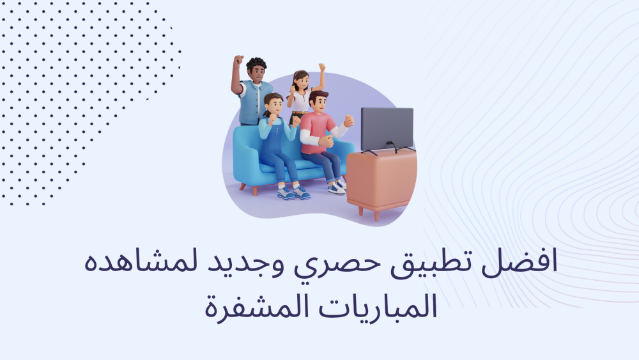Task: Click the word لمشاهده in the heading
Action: coord(141,262)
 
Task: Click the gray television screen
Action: coord(387,129)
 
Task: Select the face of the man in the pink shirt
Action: coord(320,104)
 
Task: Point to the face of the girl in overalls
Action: coord(275,106)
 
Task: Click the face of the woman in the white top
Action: coord(302,83)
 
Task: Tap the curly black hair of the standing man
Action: coord(256,65)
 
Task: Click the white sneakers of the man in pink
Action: coord(338,187)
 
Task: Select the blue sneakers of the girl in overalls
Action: coord(294,192)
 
